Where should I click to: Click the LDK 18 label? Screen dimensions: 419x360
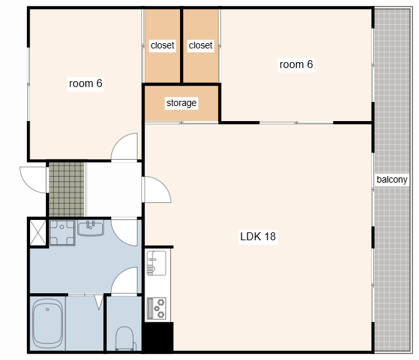[x=258, y=236]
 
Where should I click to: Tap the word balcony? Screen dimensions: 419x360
[x=392, y=179]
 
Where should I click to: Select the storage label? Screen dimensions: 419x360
[x=181, y=103]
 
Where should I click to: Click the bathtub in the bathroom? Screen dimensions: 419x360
[x=48, y=323]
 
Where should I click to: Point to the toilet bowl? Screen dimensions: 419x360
[x=124, y=338]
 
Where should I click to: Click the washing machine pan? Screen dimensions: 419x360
[x=62, y=232]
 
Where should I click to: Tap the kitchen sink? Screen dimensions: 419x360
[x=156, y=263]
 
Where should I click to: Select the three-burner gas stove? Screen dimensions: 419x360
[x=156, y=308]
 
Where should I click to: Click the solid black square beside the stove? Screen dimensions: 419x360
[x=158, y=337]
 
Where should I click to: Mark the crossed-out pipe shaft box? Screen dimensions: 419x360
[x=38, y=232]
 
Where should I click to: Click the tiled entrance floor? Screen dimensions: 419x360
[x=67, y=189]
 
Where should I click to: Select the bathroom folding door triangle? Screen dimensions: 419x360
[x=99, y=302]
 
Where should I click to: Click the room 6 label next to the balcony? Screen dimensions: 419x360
[x=296, y=65]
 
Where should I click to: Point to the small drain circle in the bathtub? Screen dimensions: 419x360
[x=48, y=310]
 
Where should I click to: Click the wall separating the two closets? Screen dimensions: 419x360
[x=182, y=46]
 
